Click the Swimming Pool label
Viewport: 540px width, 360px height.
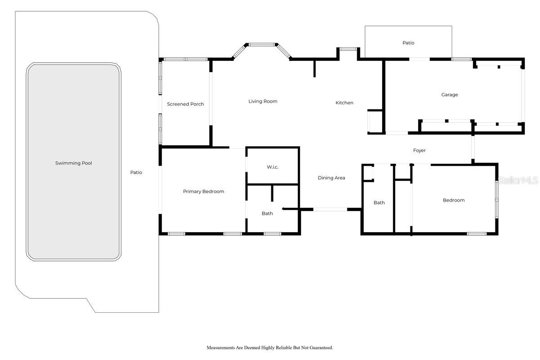pyautogui.click(x=73, y=163)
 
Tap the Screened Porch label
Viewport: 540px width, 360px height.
pyautogui.click(x=185, y=104)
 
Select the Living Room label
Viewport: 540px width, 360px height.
pyautogui.click(x=263, y=102)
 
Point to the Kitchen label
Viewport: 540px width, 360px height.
pyautogui.click(x=344, y=103)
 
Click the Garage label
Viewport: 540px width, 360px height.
pyautogui.click(x=450, y=95)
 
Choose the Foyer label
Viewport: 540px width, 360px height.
pyautogui.click(x=419, y=150)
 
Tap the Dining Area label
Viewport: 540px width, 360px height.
pyautogui.click(x=331, y=178)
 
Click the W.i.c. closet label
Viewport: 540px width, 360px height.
pyautogui.click(x=273, y=167)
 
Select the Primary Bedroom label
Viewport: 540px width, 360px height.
pyautogui.click(x=203, y=191)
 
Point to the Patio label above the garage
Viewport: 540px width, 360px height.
pyautogui.click(x=409, y=43)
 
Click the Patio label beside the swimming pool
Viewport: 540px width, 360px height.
pyautogui.click(x=136, y=172)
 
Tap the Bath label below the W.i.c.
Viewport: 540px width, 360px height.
pyautogui.click(x=267, y=213)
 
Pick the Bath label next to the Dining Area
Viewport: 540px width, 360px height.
pyautogui.click(x=379, y=203)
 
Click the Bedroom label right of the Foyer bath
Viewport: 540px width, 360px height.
pyautogui.click(x=454, y=200)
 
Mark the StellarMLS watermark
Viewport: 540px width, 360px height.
pyautogui.click(x=518, y=180)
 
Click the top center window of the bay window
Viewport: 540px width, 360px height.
pyautogui.click(x=261, y=45)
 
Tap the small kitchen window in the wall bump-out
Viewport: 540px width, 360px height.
pyautogui.click(x=348, y=49)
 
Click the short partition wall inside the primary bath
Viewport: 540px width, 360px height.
pyautogui.click(x=272, y=193)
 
